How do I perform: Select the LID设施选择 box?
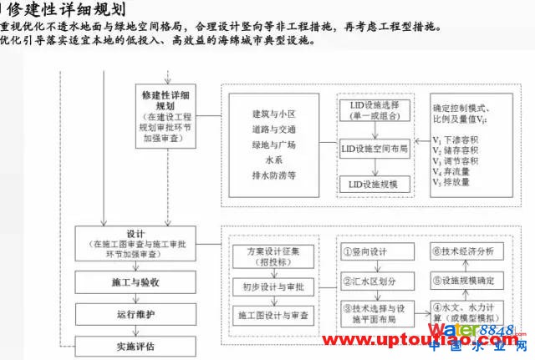click(375, 112)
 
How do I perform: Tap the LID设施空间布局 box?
click(375, 149)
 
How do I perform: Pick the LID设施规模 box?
click(375, 182)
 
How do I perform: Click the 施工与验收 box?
click(135, 283)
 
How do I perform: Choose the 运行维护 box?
click(135, 315)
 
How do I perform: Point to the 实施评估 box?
click(135, 345)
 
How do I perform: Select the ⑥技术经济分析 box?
click(462, 249)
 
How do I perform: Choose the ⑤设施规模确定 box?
click(462, 281)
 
